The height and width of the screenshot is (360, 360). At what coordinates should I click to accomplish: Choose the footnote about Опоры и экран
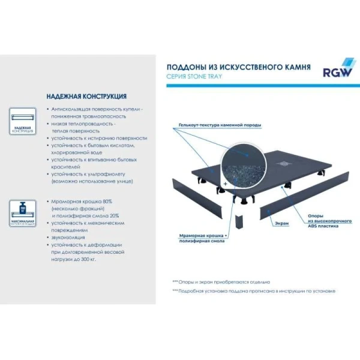[222, 281]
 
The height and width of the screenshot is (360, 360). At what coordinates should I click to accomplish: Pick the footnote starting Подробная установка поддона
[254, 291]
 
